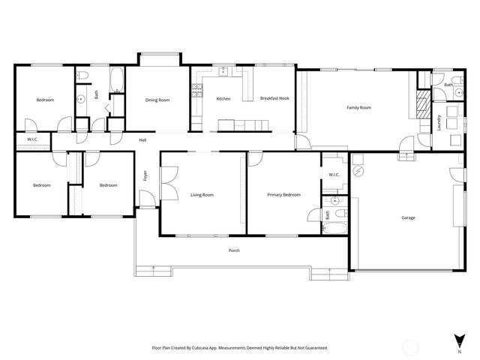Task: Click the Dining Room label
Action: (x=157, y=100)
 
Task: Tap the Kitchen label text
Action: (x=223, y=99)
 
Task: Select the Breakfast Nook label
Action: (x=274, y=98)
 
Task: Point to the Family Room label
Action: (x=358, y=108)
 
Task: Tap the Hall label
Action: (x=142, y=140)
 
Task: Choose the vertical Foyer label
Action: (x=145, y=176)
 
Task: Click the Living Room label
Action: (x=202, y=195)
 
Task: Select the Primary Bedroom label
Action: (x=284, y=195)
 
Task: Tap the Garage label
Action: (x=408, y=217)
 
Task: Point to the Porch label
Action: (x=234, y=250)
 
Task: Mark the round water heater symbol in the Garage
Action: (x=358, y=172)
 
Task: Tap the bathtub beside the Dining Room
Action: (x=116, y=81)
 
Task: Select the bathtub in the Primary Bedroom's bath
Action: (x=340, y=223)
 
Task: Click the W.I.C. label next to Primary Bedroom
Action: (x=334, y=175)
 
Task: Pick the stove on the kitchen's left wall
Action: (x=197, y=91)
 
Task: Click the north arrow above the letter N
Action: (x=458, y=340)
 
